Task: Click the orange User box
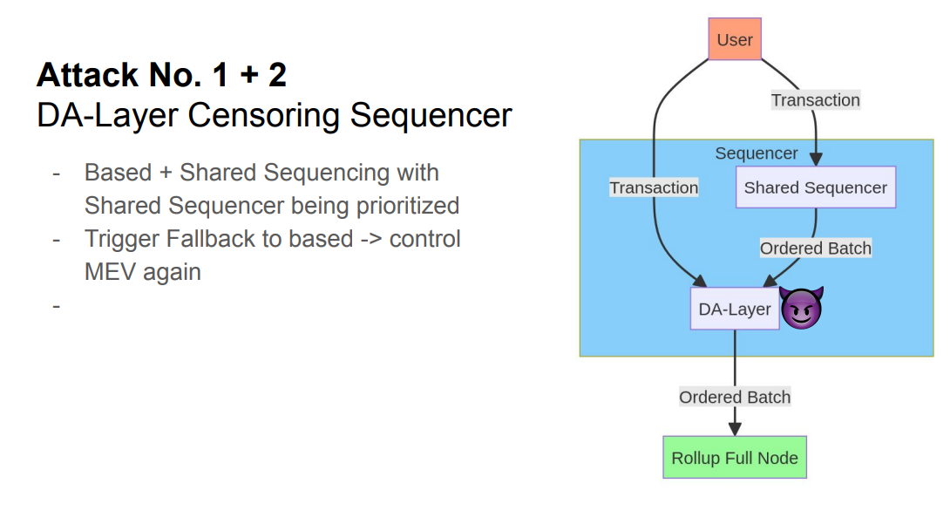click(x=735, y=39)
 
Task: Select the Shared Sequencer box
click(x=816, y=187)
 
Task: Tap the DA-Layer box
click(x=735, y=309)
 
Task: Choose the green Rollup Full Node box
click(x=735, y=458)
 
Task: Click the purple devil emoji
click(x=802, y=307)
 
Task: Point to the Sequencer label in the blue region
click(x=757, y=153)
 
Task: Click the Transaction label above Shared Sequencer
click(x=816, y=100)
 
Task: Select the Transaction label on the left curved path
click(x=654, y=188)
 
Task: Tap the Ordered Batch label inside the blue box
click(x=816, y=248)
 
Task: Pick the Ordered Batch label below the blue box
click(x=735, y=397)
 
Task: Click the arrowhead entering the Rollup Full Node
click(x=735, y=429)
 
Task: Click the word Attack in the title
click(x=88, y=75)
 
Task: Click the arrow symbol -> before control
click(x=370, y=240)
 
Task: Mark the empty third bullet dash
click(x=57, y=306)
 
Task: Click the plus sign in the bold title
click(x=249, y=76)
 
